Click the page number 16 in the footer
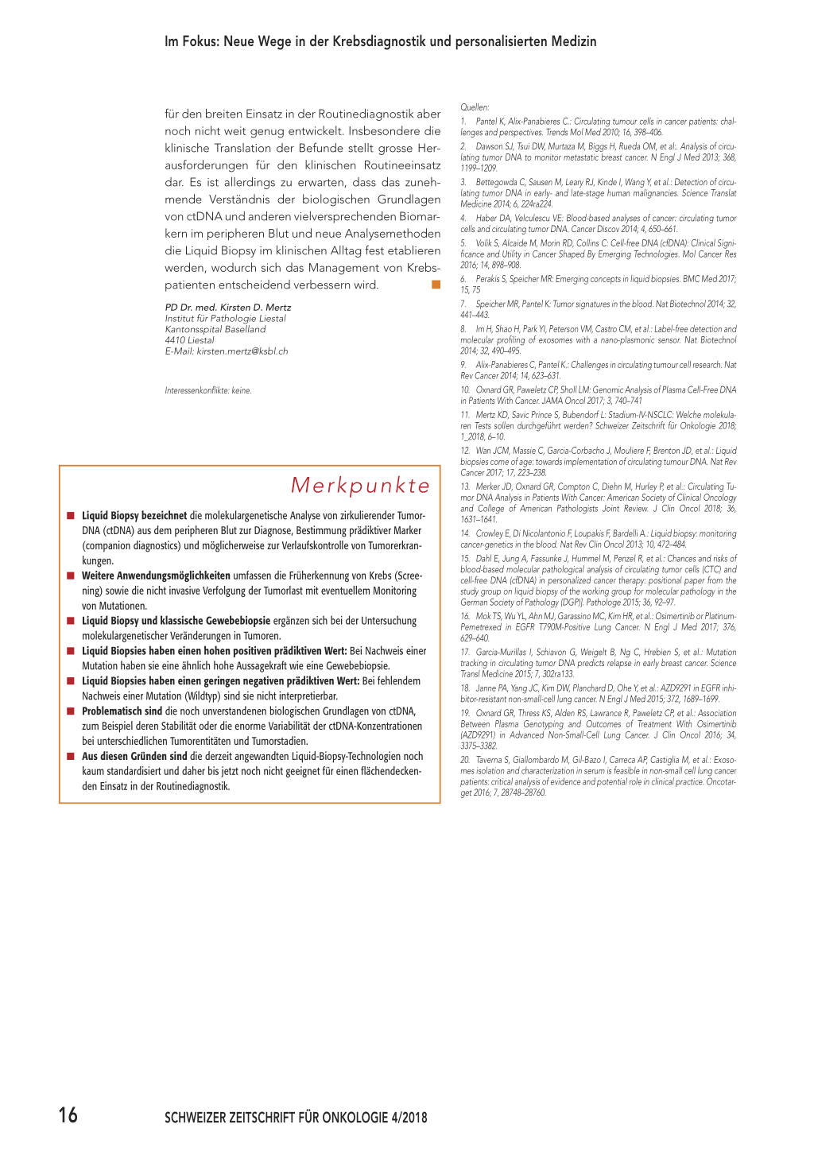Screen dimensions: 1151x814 pyautogui.click(x=68, y=1114)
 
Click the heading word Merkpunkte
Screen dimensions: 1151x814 pyautogui.click(x=360, y=485)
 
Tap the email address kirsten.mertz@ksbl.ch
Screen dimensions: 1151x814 pyautogui.click(x=242, y=351)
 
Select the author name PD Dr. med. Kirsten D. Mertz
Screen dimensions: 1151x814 pyautogui.click(x=228, y=308)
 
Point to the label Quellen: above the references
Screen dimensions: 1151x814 pyautogui.click(x=475, y=107)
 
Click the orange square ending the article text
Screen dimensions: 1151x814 pyautogui.click(x=436, y=285)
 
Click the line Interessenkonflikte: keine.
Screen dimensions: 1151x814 pyautogui.click(x=208, y=390)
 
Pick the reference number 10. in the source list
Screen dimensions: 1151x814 pyautogui.click(x=465, y=390)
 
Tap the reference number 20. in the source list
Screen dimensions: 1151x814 pyautogui.click(x=465, y=760)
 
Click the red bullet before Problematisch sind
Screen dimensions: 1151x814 pyautogui.click(x=71, y=711)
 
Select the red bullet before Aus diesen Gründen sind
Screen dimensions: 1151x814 pyautogui.click(x=71, y=757)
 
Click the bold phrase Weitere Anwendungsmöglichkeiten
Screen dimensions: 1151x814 pyautogui.click(x=156, y=575)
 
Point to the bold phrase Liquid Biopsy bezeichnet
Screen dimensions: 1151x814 pyautogui.click(x=134, y=516)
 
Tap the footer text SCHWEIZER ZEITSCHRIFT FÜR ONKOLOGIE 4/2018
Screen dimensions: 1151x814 pyautogui.click(x=296, y=1118)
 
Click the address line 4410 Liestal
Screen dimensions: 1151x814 pyautogui.click(x=190, y=340)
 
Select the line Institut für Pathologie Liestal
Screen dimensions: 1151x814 pyautogui.click(x=225, y=319)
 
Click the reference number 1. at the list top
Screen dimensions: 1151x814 pyautogui.click(x=463, y=122)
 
